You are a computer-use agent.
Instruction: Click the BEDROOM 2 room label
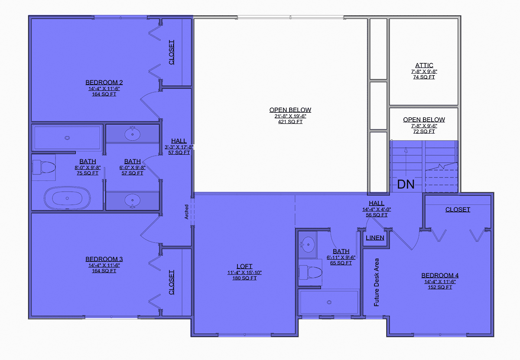(x=104, y=82)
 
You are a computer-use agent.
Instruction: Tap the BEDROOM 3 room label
(x=104, y=259)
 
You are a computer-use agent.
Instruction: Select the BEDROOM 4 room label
(x=440, y=275)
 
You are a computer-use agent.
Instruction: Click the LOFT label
(x=244, y=266)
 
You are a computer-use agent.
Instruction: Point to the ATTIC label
(x=424, y=65)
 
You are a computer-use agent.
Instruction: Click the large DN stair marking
(x=406, y=184)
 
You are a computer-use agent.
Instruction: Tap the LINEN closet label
(x=375, y=238)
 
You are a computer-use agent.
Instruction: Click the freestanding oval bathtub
(x=67, y=198)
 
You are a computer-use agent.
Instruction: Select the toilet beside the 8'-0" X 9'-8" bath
(x=44, y=167)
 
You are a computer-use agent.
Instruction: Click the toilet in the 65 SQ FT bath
(x=310, y=272)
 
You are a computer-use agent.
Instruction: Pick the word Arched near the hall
(x=186, y=212)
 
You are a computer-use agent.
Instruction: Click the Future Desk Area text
(x=376, y=282)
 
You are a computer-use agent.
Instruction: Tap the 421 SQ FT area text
(x=290, y=122)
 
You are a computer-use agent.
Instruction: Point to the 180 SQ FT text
(x=244, y=278)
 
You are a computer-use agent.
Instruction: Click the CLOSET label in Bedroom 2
(x=171, y=52)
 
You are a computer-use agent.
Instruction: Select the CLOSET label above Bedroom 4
(x=458, y=209)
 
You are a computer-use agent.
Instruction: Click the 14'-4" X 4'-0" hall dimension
(x=377, y=209)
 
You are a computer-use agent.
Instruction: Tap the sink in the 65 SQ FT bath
(x=308, y=245)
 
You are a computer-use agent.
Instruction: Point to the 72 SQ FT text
(x=424, y=131)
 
